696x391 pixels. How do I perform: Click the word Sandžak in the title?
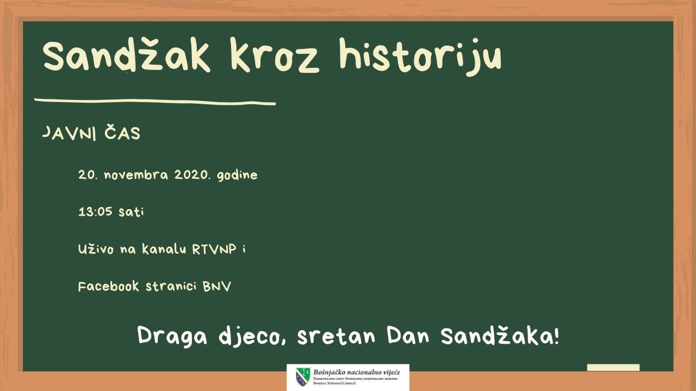pos(127,55)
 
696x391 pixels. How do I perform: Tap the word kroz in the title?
pos(275,55)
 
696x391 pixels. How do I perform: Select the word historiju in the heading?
pos(420,57)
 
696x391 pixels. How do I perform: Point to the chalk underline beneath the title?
pos(155,102)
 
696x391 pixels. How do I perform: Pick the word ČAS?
pos(122,133)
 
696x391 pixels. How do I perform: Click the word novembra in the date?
pos(136,175)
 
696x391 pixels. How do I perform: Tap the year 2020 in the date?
pos(191,175)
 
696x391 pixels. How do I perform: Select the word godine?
pos(237,175)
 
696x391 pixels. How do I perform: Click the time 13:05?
pos(95,212)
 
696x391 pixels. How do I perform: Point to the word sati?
pos(131,212)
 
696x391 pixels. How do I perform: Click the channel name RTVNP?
pos(214,249)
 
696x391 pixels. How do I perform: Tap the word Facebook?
pos(108,286)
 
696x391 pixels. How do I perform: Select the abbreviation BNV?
pos(217,286)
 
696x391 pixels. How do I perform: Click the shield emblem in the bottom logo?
pos(303,377)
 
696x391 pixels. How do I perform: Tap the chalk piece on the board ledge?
pos(613,368)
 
